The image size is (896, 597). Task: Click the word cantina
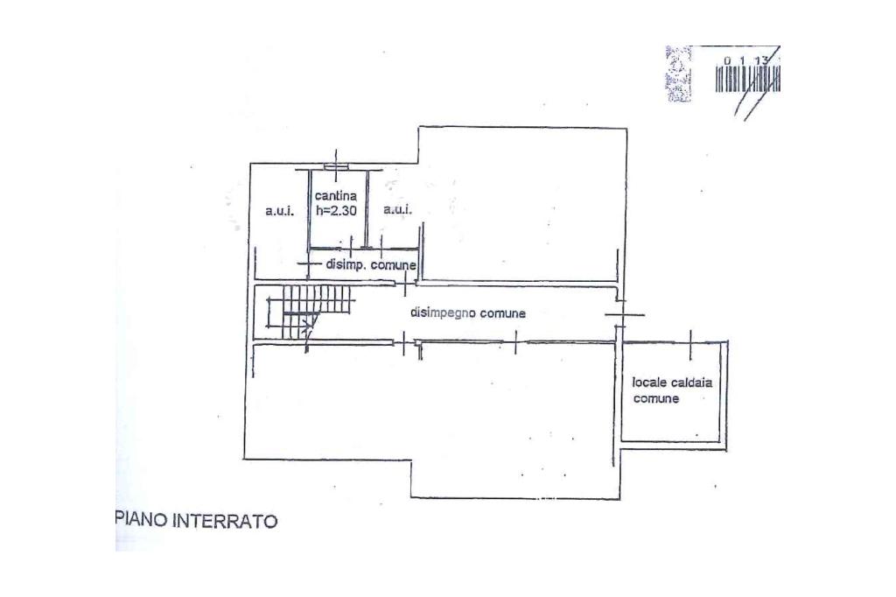pyautogui.click(x=336, y=196)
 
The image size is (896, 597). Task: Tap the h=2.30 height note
pyautogui.click(x=336, y=211)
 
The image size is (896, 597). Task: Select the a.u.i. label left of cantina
pyautogui.click(x=279, y=211)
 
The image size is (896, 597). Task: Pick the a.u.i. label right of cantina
pyautogui.click(x=397, y=211)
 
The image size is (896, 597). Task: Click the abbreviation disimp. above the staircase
pyautogui.click(x=345, y=264)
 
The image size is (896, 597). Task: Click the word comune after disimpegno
pyautogui.click(x=502, y=313)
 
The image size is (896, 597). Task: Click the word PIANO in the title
pyautogui.click(x=142, y=522)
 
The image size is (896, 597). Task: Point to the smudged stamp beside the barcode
pyautogui.click(x=678, y=74)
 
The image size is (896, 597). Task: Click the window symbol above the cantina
pyautogui.click(x=336, y=165)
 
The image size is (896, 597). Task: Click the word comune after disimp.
pyautogui.click(x=393, y=264)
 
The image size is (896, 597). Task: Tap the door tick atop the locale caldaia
pyautogui.click(x=690, y=344)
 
